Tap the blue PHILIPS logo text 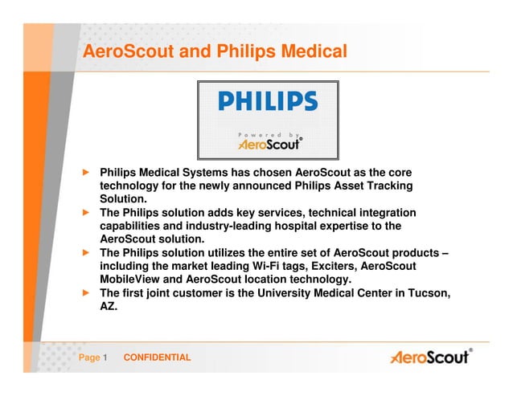point(269,101)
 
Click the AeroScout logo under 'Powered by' point(269,145)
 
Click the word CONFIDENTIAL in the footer point(157,357)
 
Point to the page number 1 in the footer point(105,357)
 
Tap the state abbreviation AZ point(108,306)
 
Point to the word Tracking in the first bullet point(389,186)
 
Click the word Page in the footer point(88,357)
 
